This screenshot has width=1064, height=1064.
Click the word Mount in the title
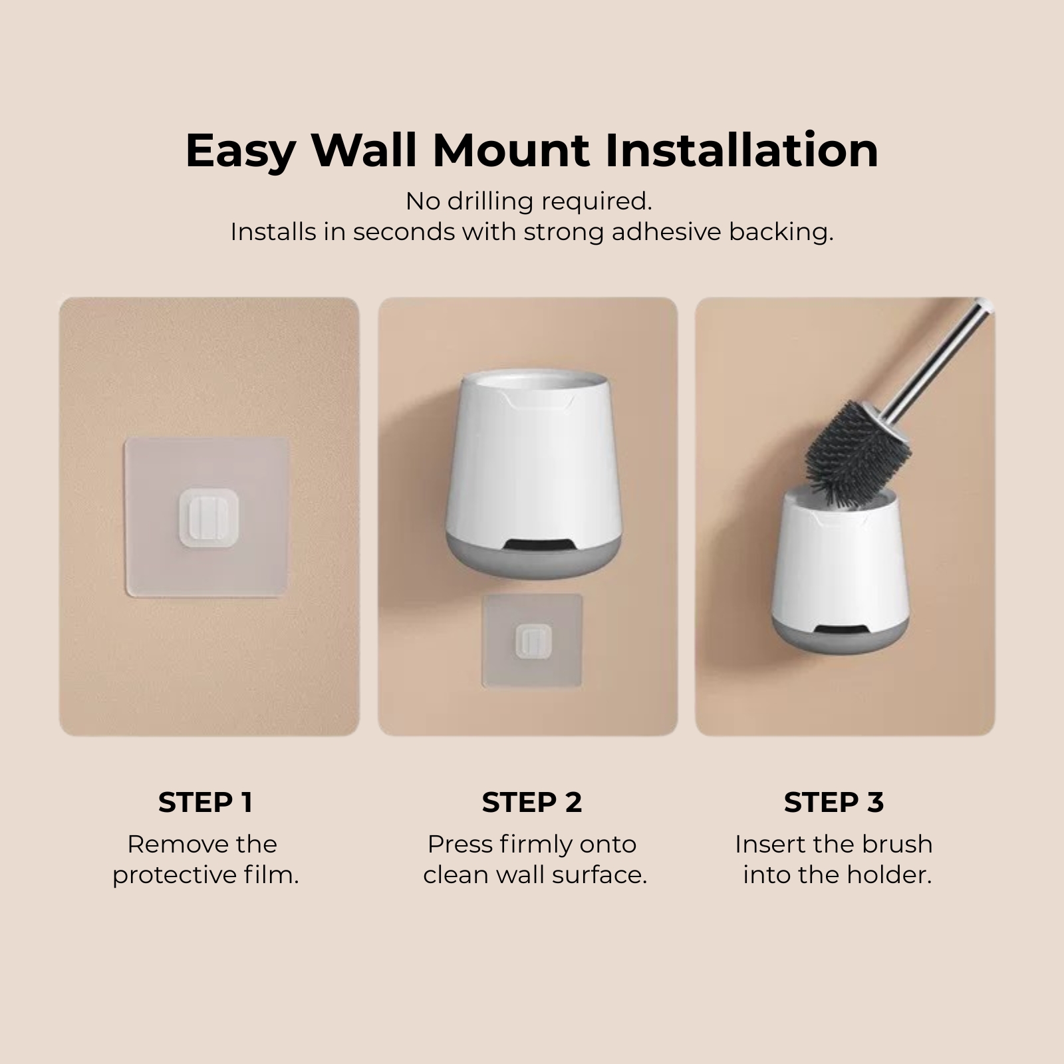(x=511, y=150)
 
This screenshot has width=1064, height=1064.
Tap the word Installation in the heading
(x=741, y=150)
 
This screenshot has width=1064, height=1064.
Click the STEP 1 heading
(x=205, y=803)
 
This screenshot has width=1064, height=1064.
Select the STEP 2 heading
(x=531, y=803)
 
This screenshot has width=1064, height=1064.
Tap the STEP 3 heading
(x=833, y=803)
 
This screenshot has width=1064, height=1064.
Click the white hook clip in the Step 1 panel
(x=208, y=518)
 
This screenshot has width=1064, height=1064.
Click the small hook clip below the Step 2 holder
(x=533, y=642)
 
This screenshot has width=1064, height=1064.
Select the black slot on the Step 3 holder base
(x=841, y=630)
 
